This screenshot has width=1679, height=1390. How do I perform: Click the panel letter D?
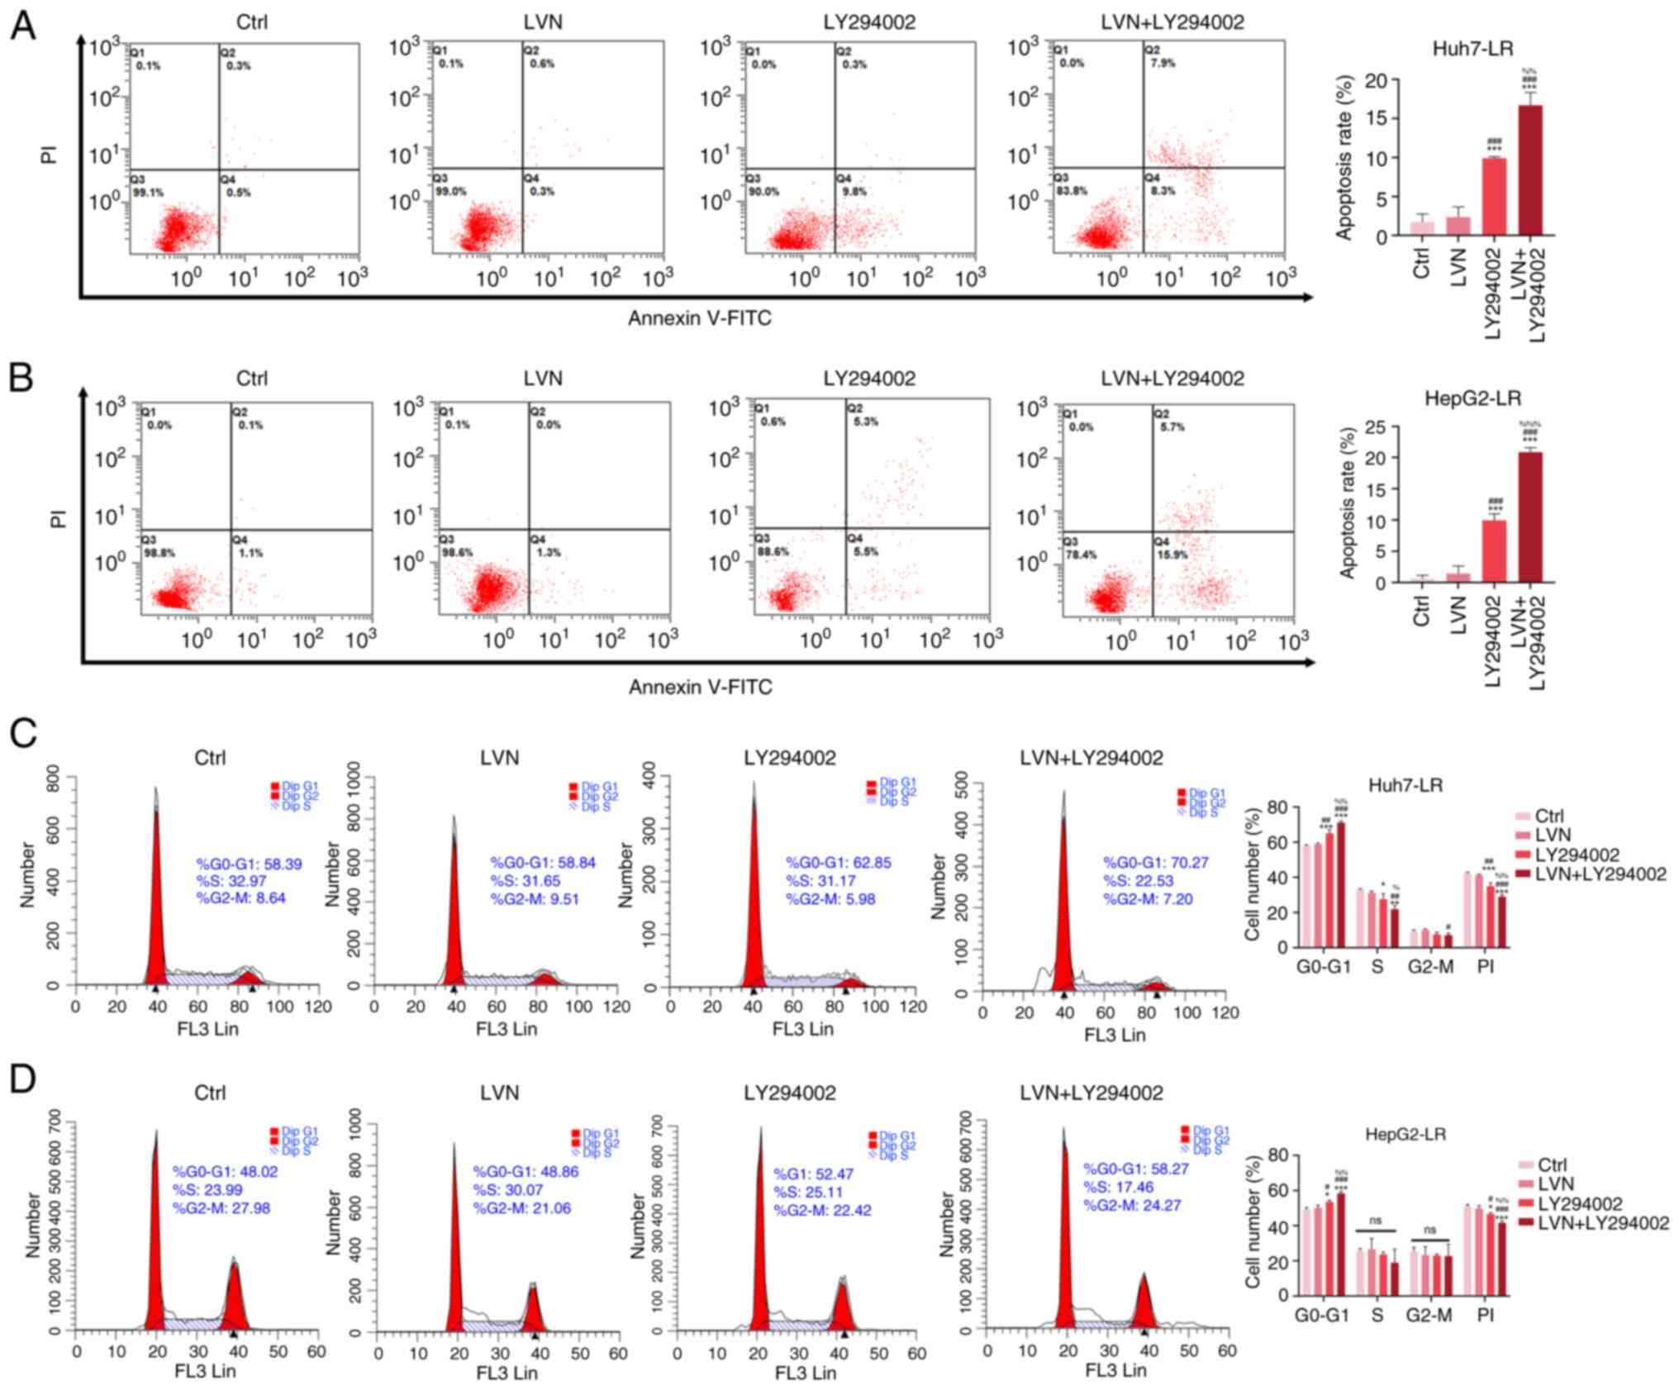click(x=22, y=1079)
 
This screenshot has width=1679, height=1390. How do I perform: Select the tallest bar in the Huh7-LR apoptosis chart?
click(x=1530, y=169)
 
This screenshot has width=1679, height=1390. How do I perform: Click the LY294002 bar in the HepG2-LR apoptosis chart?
click(x=1494, y=550)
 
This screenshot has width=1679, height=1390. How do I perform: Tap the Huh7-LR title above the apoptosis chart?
click(x=1472, y=49)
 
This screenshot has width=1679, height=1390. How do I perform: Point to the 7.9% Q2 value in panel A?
click(x=1163, y=63)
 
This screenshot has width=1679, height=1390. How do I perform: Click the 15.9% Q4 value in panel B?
click(x=1172, y=555)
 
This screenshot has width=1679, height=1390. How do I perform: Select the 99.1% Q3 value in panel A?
click(x=149, y=193)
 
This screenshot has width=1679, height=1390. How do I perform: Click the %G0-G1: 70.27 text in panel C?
click(x=1155, y=863)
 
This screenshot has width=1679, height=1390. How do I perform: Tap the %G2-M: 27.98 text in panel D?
click(x=221, y=1208)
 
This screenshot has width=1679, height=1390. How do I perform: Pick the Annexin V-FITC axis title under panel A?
click(x=699, y=318)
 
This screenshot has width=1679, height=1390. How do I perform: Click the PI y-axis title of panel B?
click(x=58, y=518)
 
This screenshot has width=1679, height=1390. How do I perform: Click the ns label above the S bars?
click(x=1376, y=1221)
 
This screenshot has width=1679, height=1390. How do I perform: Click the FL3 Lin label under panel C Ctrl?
click(x=207, y=1029)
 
